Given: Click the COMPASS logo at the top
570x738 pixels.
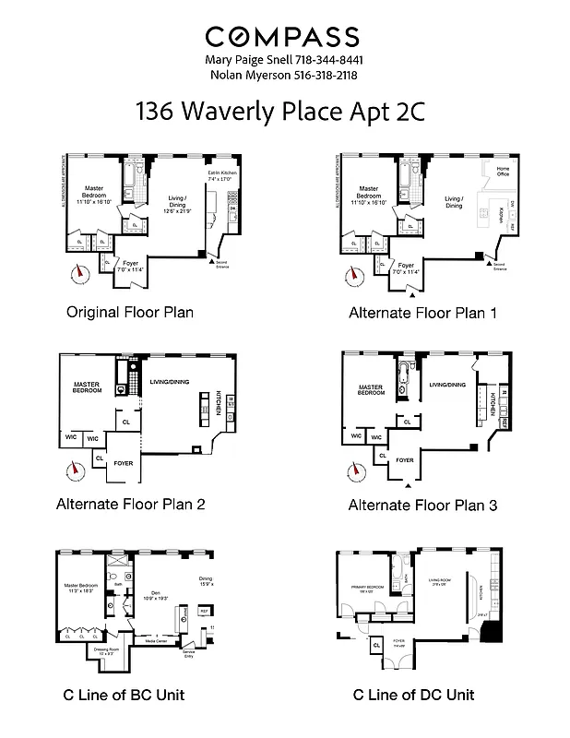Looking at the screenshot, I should point(282,37).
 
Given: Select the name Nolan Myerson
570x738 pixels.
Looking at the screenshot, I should point(246,75).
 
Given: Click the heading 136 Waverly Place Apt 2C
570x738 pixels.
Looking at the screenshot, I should point(284,112).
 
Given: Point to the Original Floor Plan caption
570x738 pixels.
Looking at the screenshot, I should point(130,312).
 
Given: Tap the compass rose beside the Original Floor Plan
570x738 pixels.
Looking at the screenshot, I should point(80,272).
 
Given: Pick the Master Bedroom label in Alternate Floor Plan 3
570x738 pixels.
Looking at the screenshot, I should point(372,390).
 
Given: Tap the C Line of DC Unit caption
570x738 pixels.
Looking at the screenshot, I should point(413,694).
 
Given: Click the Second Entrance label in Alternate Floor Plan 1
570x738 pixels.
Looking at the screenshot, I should point(499,268).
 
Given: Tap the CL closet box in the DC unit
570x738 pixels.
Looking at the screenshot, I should point(377,646).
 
